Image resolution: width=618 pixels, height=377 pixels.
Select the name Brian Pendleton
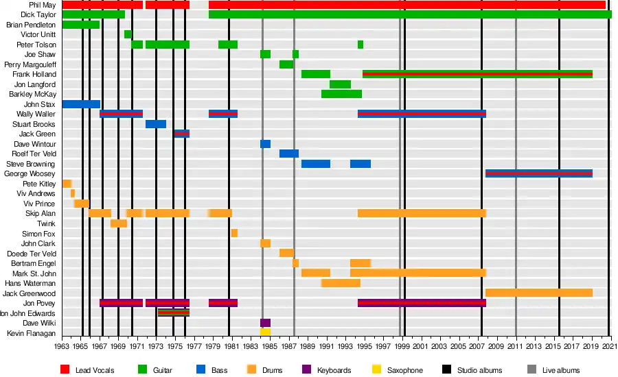coord(31,25)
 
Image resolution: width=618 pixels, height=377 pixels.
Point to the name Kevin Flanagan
coord(32,332)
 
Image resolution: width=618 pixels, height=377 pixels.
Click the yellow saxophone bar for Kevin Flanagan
coord(265,332)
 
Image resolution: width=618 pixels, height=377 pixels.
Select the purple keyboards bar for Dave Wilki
coord(265,323)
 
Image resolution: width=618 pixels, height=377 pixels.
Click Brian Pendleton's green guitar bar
coord(81,25)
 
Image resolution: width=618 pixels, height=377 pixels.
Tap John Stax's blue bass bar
coord(81,104)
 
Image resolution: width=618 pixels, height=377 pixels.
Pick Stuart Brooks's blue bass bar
coord(156,124)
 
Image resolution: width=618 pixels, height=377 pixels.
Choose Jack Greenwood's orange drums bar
coord(539,293)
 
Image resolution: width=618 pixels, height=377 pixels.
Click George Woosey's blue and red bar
coord(539,174)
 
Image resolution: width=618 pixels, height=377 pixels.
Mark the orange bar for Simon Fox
coord(234,233)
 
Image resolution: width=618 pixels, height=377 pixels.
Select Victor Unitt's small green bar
coord(128,34)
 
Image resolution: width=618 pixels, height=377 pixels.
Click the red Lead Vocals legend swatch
coord(65,370)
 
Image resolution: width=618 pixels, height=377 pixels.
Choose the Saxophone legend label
coord(405,370)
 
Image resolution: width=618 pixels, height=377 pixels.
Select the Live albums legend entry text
coord(560,370)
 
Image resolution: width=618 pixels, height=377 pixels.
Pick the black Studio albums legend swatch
coord(446,370)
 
